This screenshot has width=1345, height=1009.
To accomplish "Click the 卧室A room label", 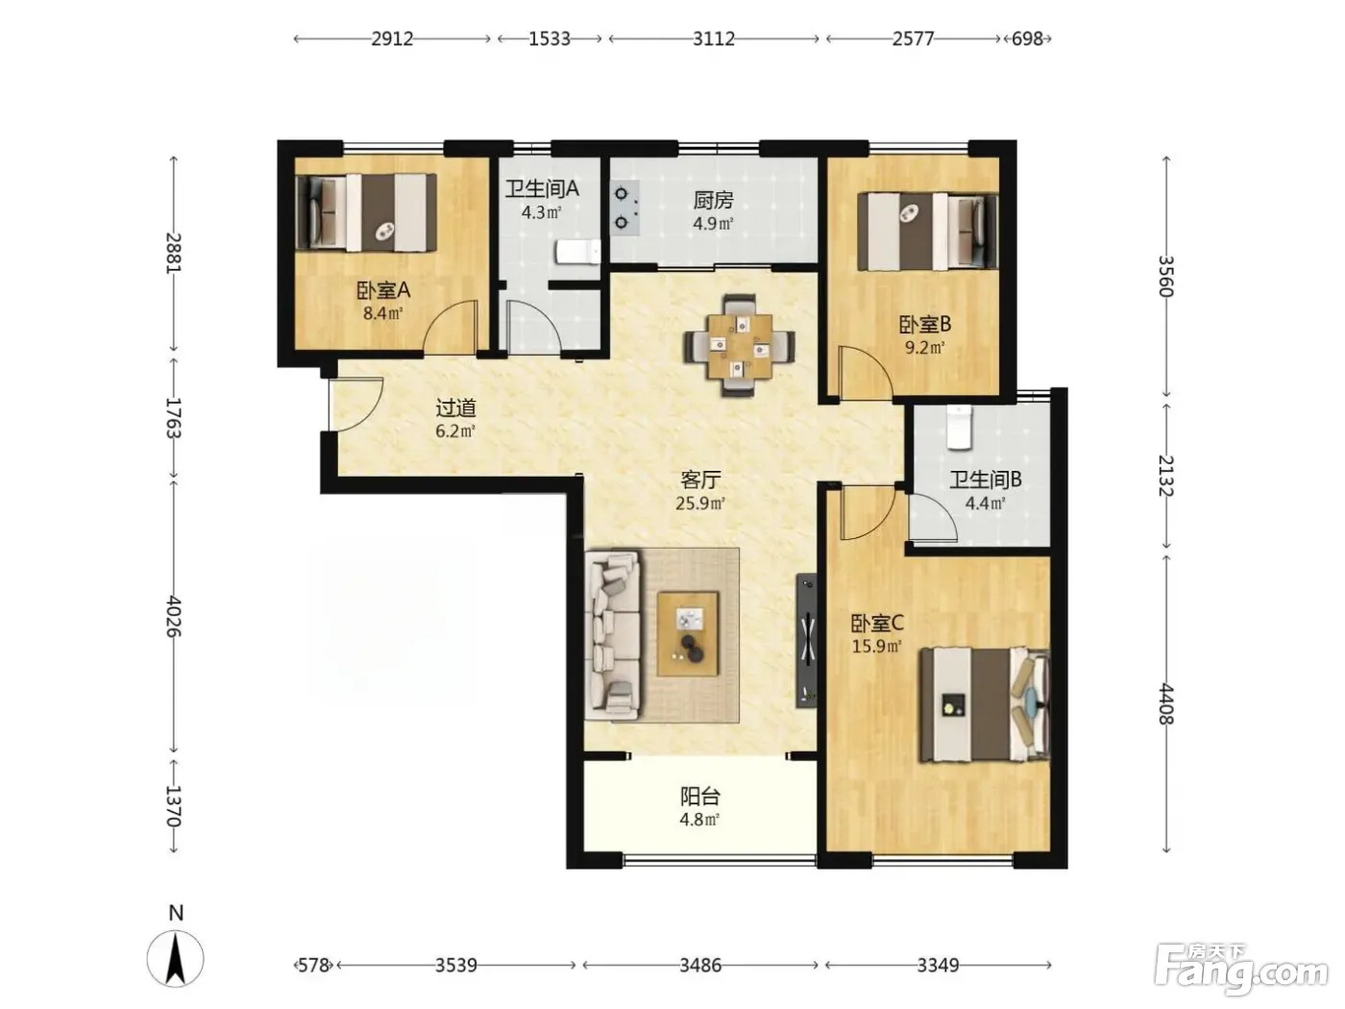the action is tap(383, 290).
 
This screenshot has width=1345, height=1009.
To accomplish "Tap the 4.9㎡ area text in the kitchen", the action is tap(713, 224).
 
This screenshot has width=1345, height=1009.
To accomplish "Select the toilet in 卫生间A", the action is tap(577, 252).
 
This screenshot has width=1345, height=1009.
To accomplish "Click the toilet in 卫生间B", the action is tap(959, 427).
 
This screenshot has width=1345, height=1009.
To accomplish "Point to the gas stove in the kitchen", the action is tap(625, 208).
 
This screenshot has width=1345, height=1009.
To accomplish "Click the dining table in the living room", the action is tap(740, 346).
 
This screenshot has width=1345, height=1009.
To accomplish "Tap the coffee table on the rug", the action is tap(688, 633).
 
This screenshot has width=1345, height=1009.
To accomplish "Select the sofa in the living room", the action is tap(613, 634).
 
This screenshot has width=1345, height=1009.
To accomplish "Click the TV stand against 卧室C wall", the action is tap(806, 640).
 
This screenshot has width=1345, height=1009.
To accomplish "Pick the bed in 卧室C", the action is tap(984, 705).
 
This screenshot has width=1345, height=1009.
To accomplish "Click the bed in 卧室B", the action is tap(928, 232).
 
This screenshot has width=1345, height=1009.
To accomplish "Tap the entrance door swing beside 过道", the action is tap(356, 405).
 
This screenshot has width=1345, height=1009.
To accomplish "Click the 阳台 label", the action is tap(699, 796).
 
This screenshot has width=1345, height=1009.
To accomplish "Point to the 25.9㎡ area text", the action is tap(700, 504).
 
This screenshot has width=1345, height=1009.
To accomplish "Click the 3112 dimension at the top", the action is tap(714, 38).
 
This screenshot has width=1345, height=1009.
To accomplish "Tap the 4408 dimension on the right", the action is tap(1165, 704).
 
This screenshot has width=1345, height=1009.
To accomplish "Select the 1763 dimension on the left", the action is tap(174, 418).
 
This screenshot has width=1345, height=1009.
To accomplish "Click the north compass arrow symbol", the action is tap(176, 959).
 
